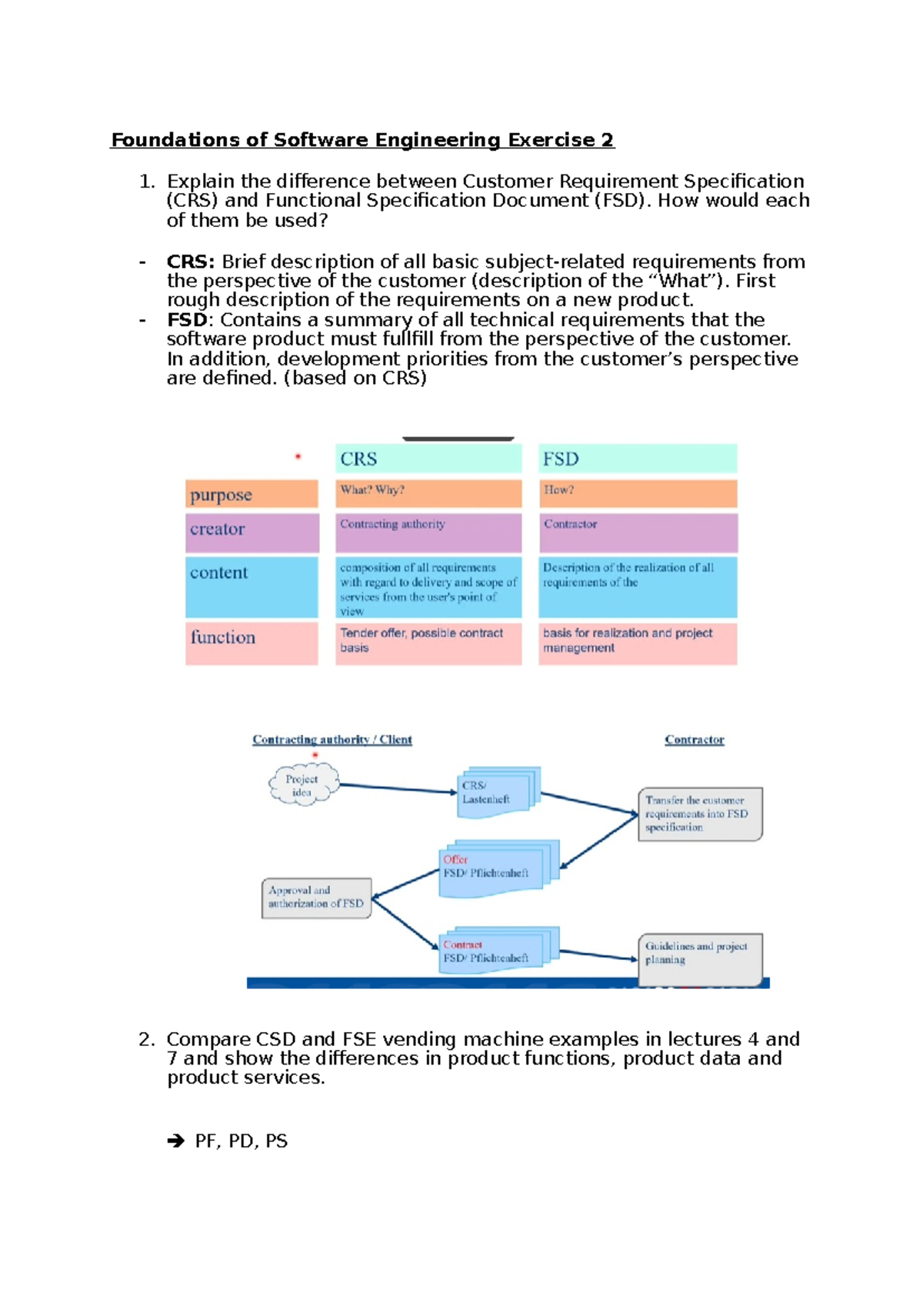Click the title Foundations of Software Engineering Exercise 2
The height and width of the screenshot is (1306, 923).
pos(362,140)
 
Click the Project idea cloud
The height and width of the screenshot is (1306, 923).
pos(302,785)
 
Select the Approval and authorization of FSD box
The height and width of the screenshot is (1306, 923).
pos(316,898)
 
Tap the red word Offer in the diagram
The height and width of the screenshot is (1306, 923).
pos(455,859)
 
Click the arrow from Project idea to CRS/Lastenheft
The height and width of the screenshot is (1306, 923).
pos(398,788)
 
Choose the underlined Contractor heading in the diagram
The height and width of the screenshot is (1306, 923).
pos(694,740)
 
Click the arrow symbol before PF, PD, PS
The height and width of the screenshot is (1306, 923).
pos(176,1141)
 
